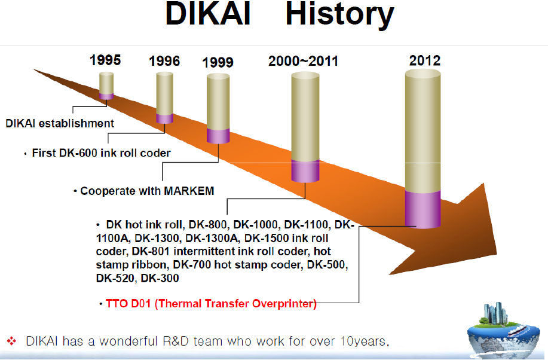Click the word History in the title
pyautogui.click(x=339, y=16)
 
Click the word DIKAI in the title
pyautogui.click(x=209, y=14)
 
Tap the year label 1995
pyautogui.click(x=105, y=60)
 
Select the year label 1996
pyautogui.click(x=164, y=61)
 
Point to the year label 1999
pyautogui.click(x=218, y=63)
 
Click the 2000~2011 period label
pyautogui.click(x=304, y=61)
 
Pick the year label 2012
pyautogui.click(x=425, y=60)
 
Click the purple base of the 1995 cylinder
pyautogui.click(x=106, y=96)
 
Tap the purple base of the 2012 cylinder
pyautogui.click(x=423, y=209)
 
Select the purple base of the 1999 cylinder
pyautogui.click(x=218, y=136)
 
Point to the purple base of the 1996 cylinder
pyautogui.click(x=164, y=118)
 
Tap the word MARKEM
pyautogui.click(x=189, y=191)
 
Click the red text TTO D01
pyautogui.click(x=128, y=303)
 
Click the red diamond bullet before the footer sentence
pyautogui.click(x=11, y=341)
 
